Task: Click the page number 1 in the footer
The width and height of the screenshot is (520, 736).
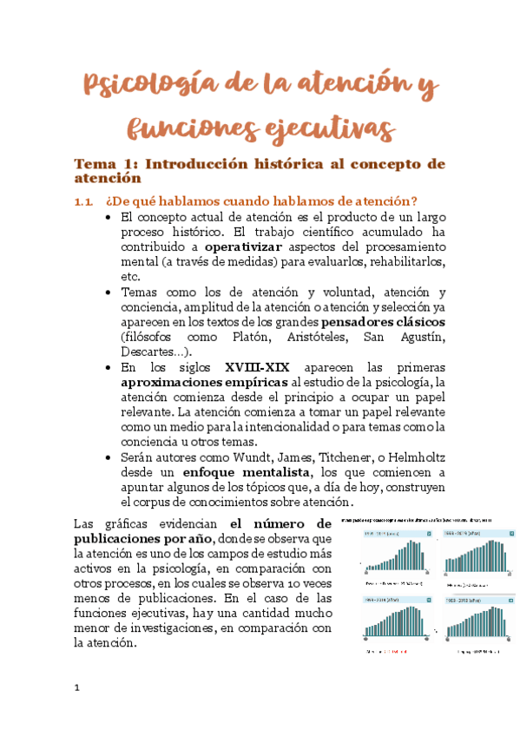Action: tap(76, 688)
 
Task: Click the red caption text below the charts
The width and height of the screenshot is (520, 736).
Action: tap(397, 651)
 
